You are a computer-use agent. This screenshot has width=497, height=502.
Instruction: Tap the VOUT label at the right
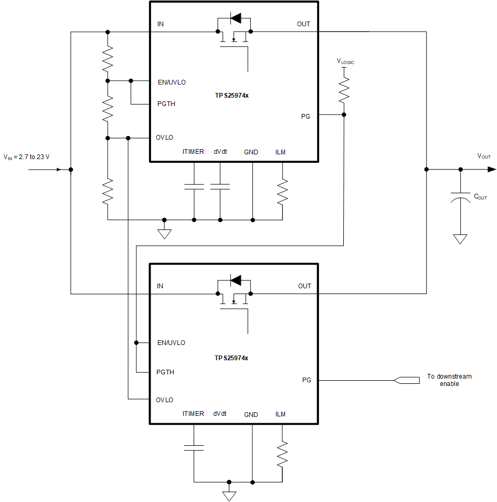coord(484,156)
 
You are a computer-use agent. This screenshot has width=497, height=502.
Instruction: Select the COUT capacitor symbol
coord(460,196)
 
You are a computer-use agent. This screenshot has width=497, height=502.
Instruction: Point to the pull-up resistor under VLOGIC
coord(344,90)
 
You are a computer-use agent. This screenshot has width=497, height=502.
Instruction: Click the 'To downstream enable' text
coord(449,380)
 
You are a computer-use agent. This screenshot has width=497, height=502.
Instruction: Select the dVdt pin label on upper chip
coord(220,152)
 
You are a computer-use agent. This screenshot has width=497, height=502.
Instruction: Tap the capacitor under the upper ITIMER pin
coord(194,186)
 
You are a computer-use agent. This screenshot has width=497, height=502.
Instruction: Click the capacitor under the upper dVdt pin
coord(220,186)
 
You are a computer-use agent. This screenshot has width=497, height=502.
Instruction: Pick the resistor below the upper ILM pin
coord(282,192)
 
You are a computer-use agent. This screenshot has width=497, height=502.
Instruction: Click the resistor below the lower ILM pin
coord(282,454)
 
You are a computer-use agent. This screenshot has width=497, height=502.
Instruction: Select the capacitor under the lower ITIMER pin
coord(194,447)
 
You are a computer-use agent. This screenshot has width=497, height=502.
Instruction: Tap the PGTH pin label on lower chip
coord(166,372)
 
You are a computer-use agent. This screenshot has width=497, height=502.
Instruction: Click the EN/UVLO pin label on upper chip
coord(172,82)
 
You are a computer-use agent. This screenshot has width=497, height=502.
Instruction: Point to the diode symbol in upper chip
coord(236,18)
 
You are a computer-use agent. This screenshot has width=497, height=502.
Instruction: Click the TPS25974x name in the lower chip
coord(231,358)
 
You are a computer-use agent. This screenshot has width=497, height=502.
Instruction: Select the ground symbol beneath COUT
coord(460,239)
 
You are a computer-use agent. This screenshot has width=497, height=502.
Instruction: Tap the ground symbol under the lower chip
coord(229,496)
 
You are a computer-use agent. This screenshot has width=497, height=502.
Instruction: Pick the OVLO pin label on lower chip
coord(164,400)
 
